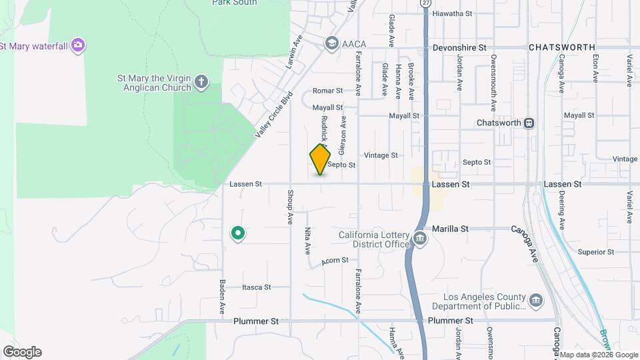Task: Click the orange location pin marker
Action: click(x=321, y=159)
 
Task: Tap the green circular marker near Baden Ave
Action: click(x=237, y=233)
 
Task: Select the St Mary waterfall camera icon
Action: click(x=79, y=45)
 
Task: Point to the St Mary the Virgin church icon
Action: click(x=202, y=83)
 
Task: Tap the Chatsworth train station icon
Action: click(x=529, y=123)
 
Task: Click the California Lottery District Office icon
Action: click(x=419, y=239)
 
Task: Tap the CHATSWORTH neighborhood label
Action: click(x=562, y=48)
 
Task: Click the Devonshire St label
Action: click(x=459, y=48)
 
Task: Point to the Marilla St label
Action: click(x=450, y=229)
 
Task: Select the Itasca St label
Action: click(x=256, y=287)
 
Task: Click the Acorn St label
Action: click(x=335, y=261)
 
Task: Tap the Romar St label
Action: click(x=327, y=91)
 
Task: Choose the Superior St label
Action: click(x=595, y=252)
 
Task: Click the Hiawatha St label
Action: click(x=452, y=13)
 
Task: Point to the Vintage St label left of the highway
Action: click(x=381, y=155)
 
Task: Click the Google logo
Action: click(x=22, y=352)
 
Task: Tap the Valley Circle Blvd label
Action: click(x=273, y=115)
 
